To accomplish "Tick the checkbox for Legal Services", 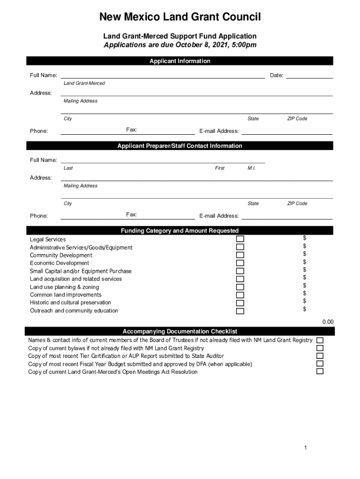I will coord(240,239).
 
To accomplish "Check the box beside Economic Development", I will coord(240,263).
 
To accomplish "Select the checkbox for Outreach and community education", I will coord(240,311).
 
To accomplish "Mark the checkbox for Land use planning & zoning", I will coord(240,287).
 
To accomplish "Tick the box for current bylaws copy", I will coord(320,348).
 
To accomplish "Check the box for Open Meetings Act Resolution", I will coord(320,371).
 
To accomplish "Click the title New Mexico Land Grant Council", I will coord(180,18).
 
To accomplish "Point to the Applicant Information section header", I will coord(180,61).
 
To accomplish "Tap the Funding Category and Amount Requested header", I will coord(180,231).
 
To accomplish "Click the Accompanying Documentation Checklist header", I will coord(180,332).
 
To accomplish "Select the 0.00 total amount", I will coord(328,322).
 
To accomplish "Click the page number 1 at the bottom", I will coord(305,448).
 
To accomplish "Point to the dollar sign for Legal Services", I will coord(304,239).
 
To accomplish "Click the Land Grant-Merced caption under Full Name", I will coord(84,83).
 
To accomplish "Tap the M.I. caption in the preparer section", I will coord(252,168).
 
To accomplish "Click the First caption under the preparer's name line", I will coord(220,168).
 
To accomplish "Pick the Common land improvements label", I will coord(65,295).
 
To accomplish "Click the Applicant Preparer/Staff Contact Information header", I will coord(180,146).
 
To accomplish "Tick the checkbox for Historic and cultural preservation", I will coord(240,303).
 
